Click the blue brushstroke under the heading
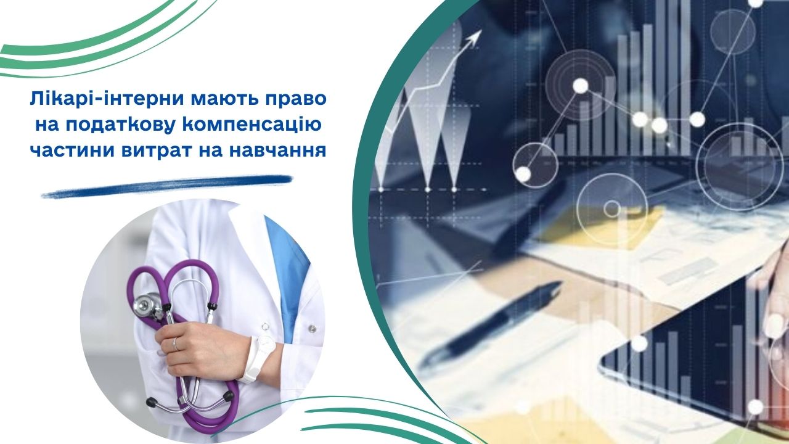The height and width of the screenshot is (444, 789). point(167,186)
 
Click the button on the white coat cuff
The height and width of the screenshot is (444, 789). point(311,329)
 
